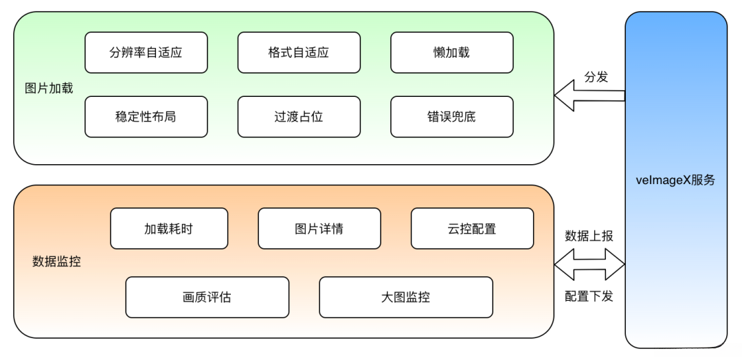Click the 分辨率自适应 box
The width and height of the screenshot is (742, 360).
(146, 52)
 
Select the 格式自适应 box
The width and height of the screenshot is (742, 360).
(299, 52)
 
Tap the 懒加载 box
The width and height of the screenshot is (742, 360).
(451, 52)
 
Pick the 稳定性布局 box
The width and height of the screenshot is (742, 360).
(146, 117)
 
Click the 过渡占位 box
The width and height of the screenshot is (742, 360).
(299, 117)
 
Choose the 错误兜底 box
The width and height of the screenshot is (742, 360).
(451, 117)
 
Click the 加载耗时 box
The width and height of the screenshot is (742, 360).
(168, 229)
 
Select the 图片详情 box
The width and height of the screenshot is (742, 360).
(319, 229)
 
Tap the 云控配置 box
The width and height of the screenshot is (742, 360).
(472, 229)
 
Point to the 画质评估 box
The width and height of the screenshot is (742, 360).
(207, 297)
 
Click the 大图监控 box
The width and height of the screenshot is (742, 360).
(405, 297)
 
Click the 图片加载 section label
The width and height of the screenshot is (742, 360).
(49, 88)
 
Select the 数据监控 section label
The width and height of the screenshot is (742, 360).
(56, 261)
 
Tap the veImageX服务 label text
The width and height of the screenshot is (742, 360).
(675, 180)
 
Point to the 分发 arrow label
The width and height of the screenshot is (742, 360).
(596, 77)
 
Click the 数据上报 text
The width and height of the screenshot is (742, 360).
(589, 236)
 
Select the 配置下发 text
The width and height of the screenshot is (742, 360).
(589, 296)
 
